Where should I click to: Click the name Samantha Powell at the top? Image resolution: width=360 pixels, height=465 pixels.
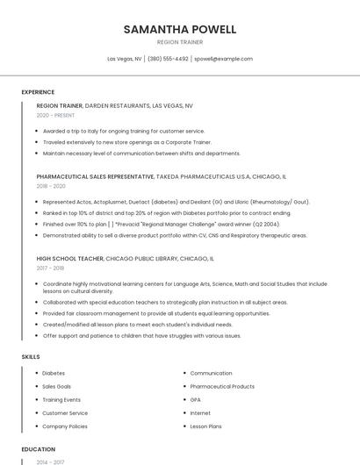pyautogui.click(x=180, y=29)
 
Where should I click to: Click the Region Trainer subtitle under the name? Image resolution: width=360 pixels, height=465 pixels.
pyautogui.click(x=180, y=42)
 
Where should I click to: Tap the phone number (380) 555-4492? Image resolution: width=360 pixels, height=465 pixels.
pyautogui.click(x=168, y=59)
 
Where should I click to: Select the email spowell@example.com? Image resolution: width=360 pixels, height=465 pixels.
pyautogui.click(x=223, y=59)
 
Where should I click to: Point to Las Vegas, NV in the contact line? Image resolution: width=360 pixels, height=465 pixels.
pyautogui.click(x=125, y=59)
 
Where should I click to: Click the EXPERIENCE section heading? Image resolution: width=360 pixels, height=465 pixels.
pyautogui.click(x=38, y=92)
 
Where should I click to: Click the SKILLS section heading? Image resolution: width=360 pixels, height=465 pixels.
pyautogui.click(x=31, y=357)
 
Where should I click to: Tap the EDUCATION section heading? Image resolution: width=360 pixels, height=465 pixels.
pyautogui.click(x=39, y=449)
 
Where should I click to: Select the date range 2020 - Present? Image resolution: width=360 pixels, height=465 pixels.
pyautogui.click(x=55, y=115)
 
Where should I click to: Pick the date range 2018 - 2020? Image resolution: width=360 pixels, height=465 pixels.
pyautogui.click(x=51, y=186)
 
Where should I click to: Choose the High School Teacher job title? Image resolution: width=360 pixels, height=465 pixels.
pyautogui.click(x=69, y=260)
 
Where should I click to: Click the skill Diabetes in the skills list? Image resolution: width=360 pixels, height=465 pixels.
pyautogui.click(x=54, y=373)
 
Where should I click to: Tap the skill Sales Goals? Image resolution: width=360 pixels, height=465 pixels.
pyautogui.click(x=57, y=386)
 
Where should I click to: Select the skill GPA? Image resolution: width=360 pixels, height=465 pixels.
pyautogui.click(x=196, y=399)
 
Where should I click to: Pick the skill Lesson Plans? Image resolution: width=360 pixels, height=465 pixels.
pyautogui.click(x=206, y=426)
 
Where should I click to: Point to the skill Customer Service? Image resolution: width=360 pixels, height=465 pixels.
pyautogui.click(x=65, y=412)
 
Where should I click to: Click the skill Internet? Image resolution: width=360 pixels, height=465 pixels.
pyautogui.click(x=200, y=412)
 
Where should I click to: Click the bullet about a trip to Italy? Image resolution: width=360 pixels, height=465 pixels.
pyautogui.click(x=124, y=131)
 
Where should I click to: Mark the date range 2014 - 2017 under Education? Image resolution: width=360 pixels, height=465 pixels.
pyautogui.click(x=49, y=461)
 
